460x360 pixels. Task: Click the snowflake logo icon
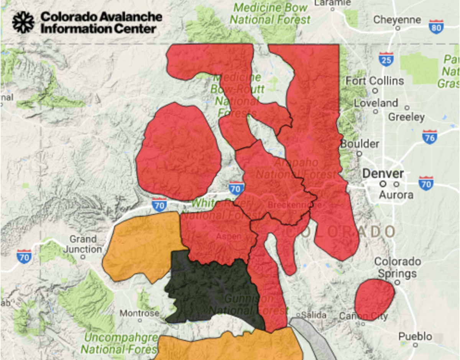click(23, 22)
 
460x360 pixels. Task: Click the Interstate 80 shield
click(436, 26)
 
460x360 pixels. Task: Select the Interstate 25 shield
click(386, 59)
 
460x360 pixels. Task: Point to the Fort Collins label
click(375, 81)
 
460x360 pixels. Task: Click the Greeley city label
click(406, 117)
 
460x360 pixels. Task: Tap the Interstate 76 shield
click(430, 136)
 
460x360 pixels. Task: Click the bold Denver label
click(383, 174)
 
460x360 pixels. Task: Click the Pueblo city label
click(415, 337)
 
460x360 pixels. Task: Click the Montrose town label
click(139, 313)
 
